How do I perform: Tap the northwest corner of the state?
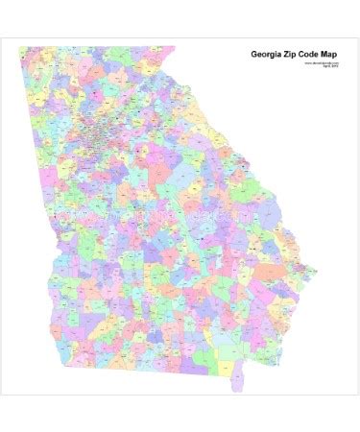21,48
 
